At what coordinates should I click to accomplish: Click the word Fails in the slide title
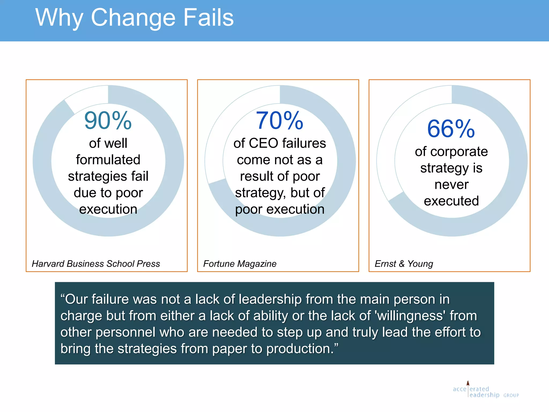[x=209, y=17]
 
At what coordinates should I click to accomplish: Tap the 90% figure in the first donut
[x=108, y=121]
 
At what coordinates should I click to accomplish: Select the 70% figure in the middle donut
[x=280, y=121]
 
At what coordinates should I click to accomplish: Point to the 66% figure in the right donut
[x=451, y=129]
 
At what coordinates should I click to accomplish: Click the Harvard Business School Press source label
[x=96, y=264]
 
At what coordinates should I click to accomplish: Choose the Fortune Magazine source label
[x=240, y=264]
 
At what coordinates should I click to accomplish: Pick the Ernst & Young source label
[x=404, y=264]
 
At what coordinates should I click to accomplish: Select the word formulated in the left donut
[x=108, y=160]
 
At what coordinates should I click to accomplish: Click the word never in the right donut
[x=451, y=185]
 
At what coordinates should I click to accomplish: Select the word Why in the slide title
[x=60, y=18]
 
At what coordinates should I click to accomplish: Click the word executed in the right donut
[x=451, y=201]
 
